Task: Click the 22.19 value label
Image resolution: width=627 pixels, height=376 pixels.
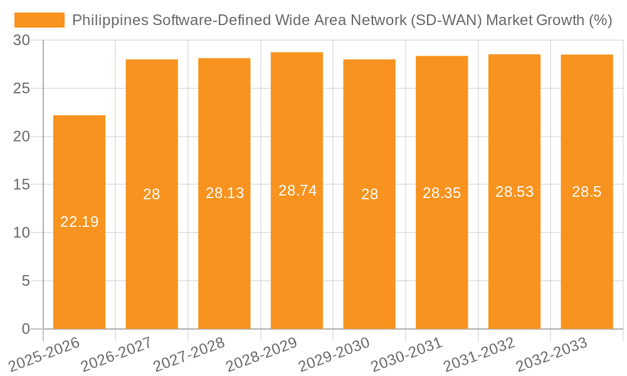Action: click(x=79, y=222)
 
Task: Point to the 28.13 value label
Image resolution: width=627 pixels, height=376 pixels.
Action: click(x=224, y=193)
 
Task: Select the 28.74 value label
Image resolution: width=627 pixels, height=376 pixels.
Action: click(x=297, y=191)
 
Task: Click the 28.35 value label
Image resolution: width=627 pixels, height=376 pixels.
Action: click(x=441, y=193)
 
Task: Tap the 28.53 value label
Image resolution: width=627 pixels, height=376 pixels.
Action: click(x=514, y=192)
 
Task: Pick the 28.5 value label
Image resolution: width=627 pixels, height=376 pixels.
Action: click(x=587, y=192)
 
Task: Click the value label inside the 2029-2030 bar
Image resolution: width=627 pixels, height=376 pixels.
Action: click(x=369, y=194)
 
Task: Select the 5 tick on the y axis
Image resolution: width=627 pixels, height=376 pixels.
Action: click(x=26, y=281)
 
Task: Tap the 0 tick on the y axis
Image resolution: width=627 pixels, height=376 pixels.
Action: click(x=26, y=329)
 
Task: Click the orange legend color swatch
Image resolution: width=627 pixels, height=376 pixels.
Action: click(x=40, y=20)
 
